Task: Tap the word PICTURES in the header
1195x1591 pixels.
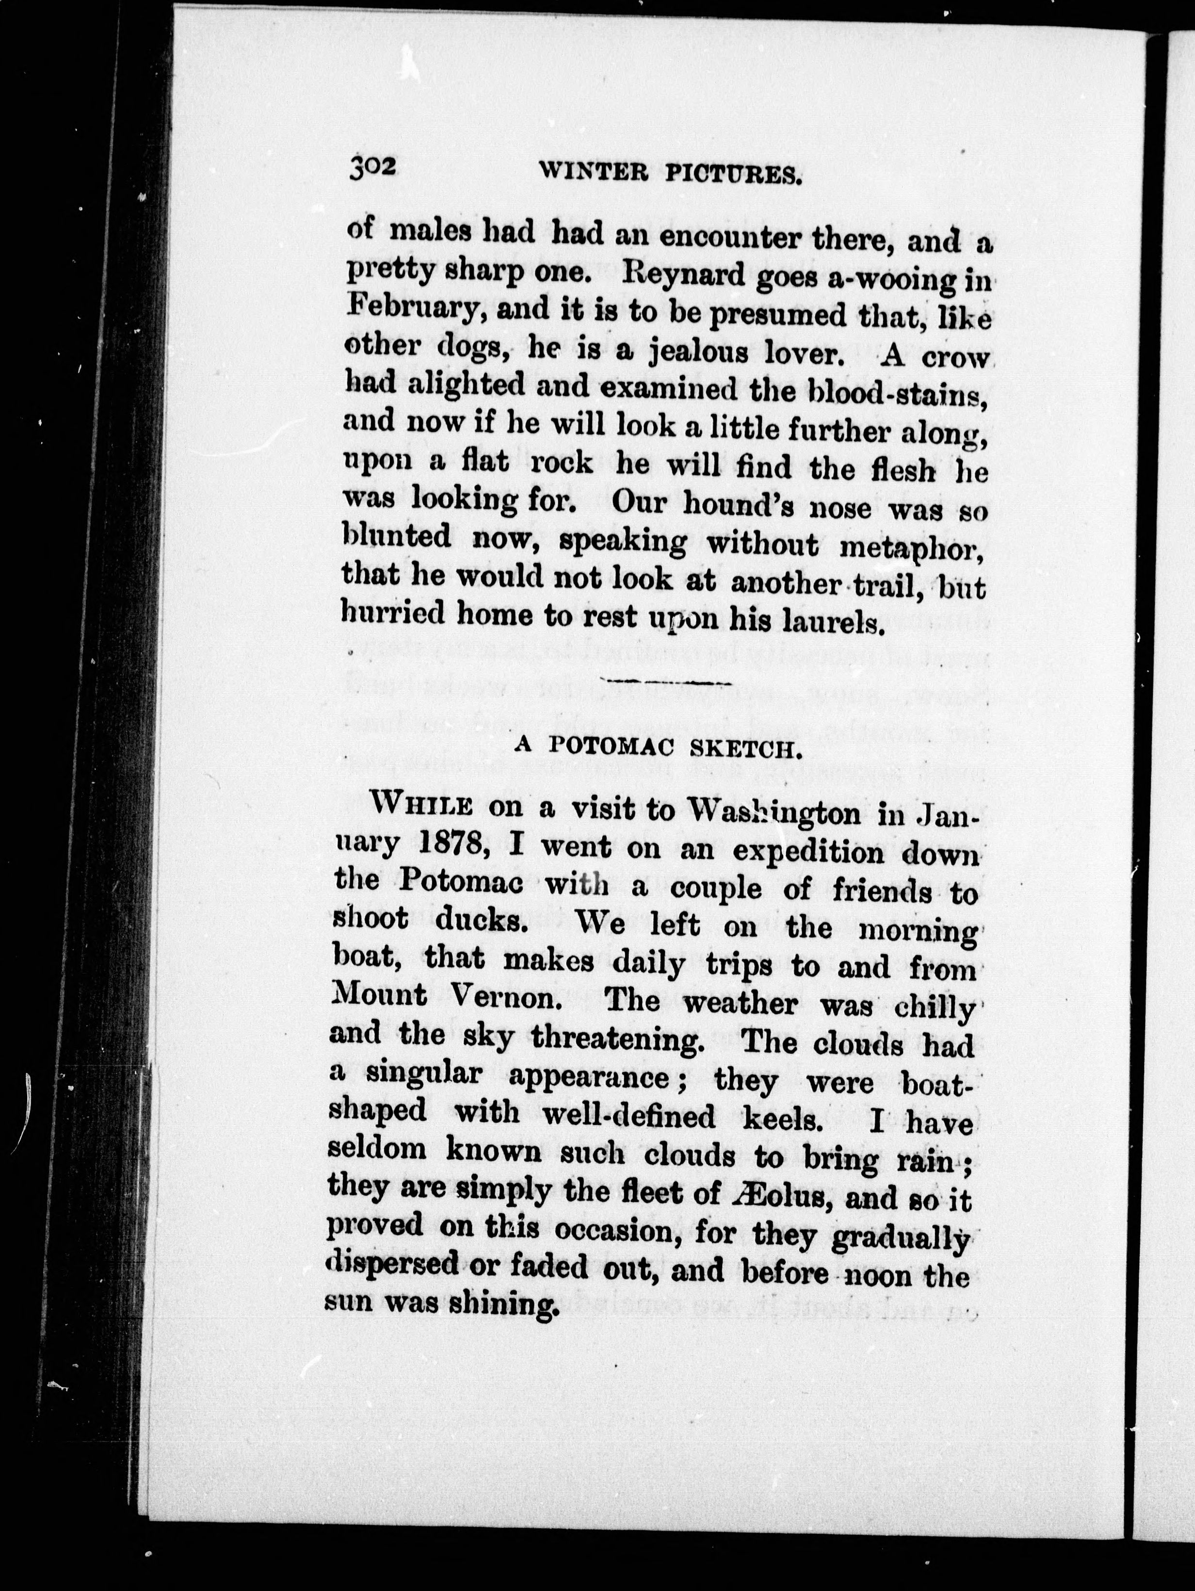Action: (x=734, y=175)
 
